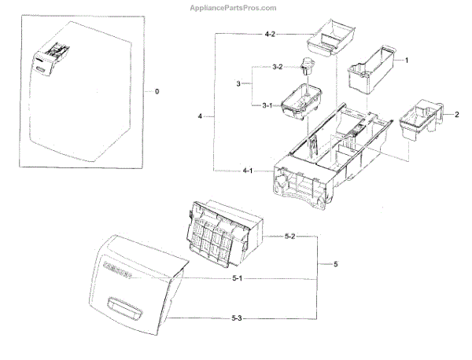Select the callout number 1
pyautogui.click(x=406, y=60)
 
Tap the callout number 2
pyautogui.click(x=457, y=115)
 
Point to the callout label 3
pyautogui.click(x=238, y=83)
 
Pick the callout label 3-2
pyautogui.click(x=276, y=68)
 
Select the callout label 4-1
pyautogui.click(x=247, y=171)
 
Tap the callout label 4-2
pyautogui.click(x=269, y=34)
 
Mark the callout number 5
pyautogui.click(x=335, y=263)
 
